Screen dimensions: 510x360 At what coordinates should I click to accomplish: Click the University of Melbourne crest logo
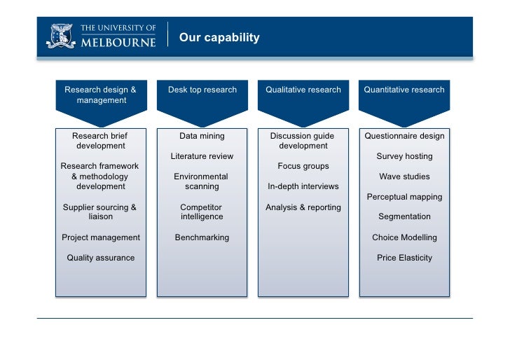pyautogui.click(x=60, y=36)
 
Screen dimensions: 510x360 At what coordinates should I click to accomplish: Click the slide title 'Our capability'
pyautogui.click(x=219, y=38)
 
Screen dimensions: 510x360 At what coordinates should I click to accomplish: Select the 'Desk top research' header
pyautogui.click(x=202, y=90)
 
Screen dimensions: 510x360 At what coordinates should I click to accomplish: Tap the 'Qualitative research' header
pyautogui.click(x=303, y=90)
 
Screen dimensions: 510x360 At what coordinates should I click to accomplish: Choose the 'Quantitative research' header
pyautogui.click(x=404, y=90)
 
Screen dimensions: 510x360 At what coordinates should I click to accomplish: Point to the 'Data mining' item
pyautogui.click(x=202, y=136)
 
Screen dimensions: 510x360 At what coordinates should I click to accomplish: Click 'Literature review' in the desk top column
pyautogui.click(x=202, y=156)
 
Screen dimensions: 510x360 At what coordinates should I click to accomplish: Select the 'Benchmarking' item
pyautogui.click(x=202, y=237)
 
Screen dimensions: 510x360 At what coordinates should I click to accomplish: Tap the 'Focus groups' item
pyautogui.click(x=303, y=167)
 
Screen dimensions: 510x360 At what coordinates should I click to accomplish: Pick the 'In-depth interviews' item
pyautogui.click(x=303, y=187)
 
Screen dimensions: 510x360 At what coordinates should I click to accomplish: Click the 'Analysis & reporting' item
pyautogui.click(x=303, y=207)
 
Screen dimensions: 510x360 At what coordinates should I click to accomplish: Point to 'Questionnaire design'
pyautogui.click(x=404, y=136)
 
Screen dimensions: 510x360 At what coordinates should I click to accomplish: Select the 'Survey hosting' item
pyautogui.click(x=404, y=156)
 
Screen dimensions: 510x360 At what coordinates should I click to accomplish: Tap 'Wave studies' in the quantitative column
pyautogui.click(x=404, y=176)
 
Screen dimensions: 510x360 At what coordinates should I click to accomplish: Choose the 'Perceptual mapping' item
pyautogui.click(x=404, y=197)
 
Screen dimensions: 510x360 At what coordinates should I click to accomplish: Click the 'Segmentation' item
pyautogui.click(x=404, y=217)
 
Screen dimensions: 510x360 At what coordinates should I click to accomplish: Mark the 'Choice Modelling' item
pyautogui.click(x=404, y=237)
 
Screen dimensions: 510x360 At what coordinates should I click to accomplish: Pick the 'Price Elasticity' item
pyautogui.click(x=404, y=258)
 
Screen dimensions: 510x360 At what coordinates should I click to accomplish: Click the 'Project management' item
pyautogui.click(x=101, y=237)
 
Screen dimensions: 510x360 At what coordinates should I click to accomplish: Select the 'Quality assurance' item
pyautogui.click(x=101, y=258)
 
